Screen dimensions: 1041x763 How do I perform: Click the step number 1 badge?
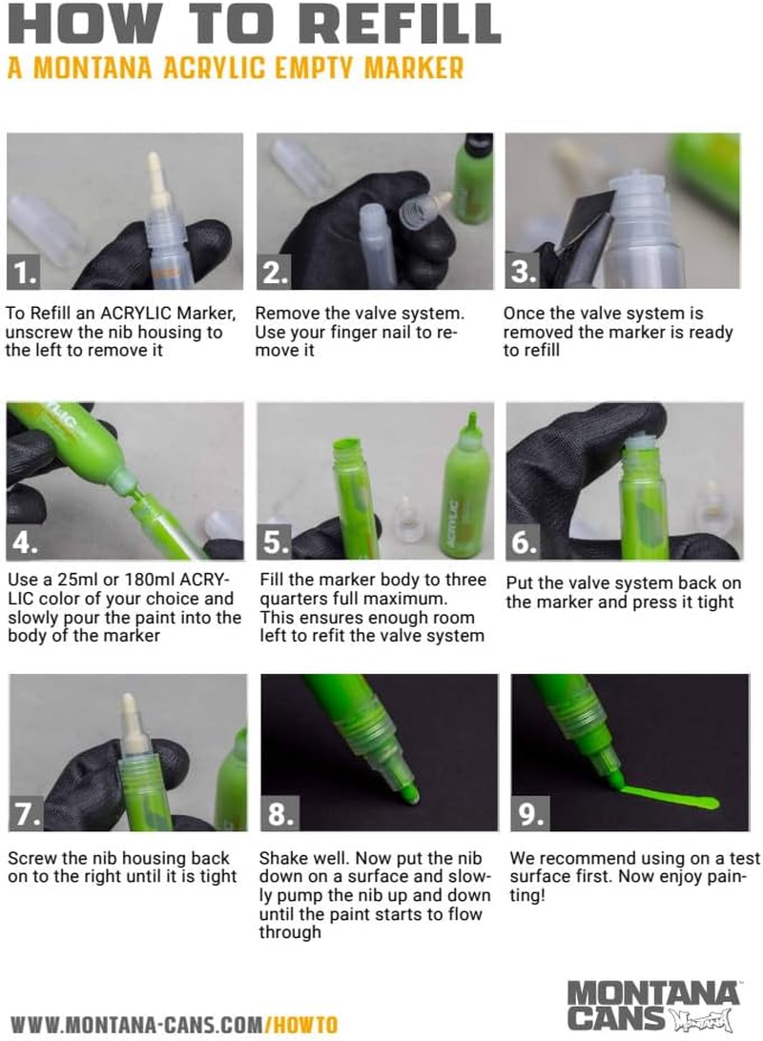pyautogui.click(x=25, y=273)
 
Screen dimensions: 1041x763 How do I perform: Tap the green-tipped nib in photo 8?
pyautogui.click(x=407, y=790)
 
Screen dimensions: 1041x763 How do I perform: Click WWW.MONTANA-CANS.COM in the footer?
pyautogui.click(x=134, y=1025)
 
